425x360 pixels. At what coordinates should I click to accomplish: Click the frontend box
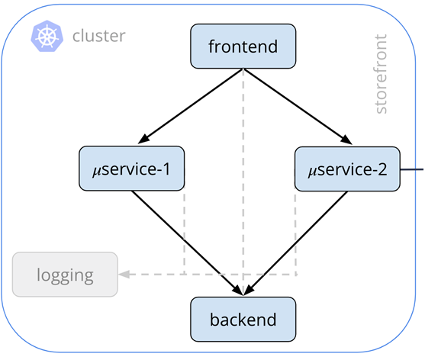coord(243,46)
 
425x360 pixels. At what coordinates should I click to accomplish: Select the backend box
coord(243,320)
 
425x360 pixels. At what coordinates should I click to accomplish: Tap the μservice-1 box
coord(132,169)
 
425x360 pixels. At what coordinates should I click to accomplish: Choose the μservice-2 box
coord(347,169)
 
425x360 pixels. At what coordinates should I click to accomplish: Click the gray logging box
coord(65,275)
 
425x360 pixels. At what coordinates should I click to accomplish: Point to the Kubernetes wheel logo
coord(47,36)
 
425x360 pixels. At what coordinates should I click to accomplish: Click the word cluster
coord(99,36)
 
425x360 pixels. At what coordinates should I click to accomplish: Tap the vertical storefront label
coord(380,74)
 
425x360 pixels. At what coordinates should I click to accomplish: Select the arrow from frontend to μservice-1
coord(191,106)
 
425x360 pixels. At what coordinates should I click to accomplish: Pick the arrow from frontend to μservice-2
coord(298,107)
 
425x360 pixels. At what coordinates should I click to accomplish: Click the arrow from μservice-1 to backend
coord(187,243)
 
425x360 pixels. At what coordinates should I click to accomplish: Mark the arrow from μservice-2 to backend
coord(296,243)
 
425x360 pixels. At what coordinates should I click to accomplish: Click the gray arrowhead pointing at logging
coord(124,275)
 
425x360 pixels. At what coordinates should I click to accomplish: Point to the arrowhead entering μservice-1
coord(143,139)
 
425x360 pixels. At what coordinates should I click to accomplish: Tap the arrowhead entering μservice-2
coord(346,140)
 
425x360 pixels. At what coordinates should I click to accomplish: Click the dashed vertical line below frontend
coord(243,182)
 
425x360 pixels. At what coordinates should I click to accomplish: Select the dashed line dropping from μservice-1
coord(185,230)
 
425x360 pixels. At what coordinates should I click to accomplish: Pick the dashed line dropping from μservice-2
coord(295,231)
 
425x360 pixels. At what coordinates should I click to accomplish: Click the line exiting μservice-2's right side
coord(412,169)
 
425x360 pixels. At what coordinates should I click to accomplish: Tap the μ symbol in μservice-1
coord(96,171)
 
